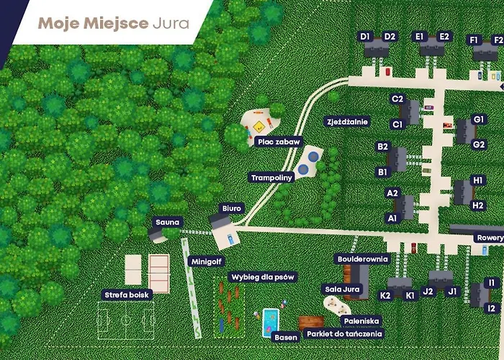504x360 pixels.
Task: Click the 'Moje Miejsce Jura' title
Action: click(x=114, y=22)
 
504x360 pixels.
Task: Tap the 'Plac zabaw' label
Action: click(x=279, y=142)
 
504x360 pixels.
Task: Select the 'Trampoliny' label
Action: click(x=272, y=177)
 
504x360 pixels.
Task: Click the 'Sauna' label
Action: click(x=167, y=222)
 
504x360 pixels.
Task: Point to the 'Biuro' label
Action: click(x=232, y=208)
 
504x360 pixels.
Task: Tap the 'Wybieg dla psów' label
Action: click(x=264, y=276)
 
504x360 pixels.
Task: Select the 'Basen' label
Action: click(x=286, y=336)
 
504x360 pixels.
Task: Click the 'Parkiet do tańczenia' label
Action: click(x=343, y=334)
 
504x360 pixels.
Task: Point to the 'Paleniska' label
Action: click(x=361, y=321)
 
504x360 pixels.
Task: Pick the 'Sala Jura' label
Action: click(x=342, y=289)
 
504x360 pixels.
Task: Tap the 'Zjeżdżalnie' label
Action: click(x=347, y=122)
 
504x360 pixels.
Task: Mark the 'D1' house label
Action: click(x=365, y=36)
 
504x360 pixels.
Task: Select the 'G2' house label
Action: click(x=480, y=144)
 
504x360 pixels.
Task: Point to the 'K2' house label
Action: click(x=385, y=295)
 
